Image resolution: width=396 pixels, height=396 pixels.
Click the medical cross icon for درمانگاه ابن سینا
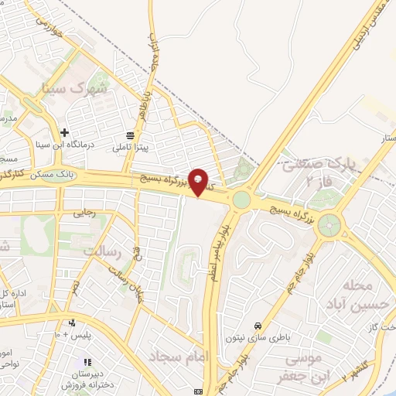pos(65,133)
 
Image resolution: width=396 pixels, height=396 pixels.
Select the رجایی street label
pos(82,214)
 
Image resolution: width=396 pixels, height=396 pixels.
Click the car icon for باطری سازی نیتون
pos(257,326)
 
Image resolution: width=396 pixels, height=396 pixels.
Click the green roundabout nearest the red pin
pos(242,200)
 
